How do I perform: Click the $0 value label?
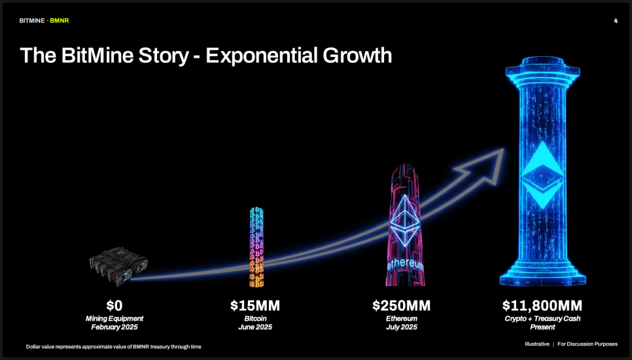coord(114,306)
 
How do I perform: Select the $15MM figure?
coord(255,306)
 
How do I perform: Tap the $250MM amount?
coord(402,306)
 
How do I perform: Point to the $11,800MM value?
coord(542,306)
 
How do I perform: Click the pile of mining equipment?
coord(118,266)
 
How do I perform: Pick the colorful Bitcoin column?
coord(256,247)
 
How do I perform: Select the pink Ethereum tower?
coord(405,225)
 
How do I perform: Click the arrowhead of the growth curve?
coord(483,166)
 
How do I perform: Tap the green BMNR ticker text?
coord(60,20)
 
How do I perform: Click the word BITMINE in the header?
coord(32,20)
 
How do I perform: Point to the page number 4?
coord(616,20)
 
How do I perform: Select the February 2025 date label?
coord(114,327)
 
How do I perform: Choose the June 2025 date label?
coord(255,327)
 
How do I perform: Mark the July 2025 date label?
coord(402,327)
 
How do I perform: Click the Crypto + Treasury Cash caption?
coord(542,319)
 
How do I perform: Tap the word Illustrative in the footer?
coord(537,344)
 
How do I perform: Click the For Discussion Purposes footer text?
coord(588,344)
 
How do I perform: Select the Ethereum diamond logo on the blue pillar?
coord(542,175)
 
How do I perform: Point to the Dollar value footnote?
coord(114,347)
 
